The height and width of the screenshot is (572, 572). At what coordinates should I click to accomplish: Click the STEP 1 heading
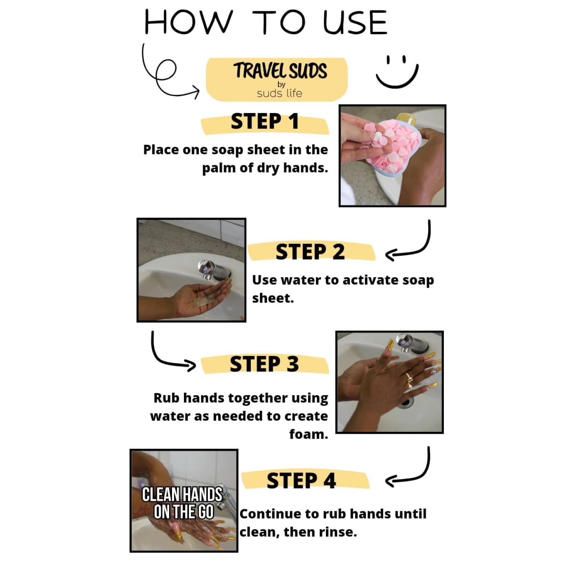(x=265, y=121)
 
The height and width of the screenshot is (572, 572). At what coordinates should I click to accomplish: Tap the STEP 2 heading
(x=310, y=252)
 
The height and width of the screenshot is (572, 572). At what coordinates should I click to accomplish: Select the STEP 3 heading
(x=264, y=364)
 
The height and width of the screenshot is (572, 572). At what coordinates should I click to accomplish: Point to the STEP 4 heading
(x=301, y=481)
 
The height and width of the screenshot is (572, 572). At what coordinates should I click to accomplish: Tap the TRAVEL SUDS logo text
(x=280, y=71)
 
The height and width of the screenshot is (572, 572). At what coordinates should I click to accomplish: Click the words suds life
(x=279, y=93)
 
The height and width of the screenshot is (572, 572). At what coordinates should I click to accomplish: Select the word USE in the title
(x=356, y=23)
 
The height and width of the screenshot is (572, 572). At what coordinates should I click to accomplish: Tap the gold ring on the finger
(x=409, y=379)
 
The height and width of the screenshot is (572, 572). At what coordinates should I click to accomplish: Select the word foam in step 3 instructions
(x=309, y=434)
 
